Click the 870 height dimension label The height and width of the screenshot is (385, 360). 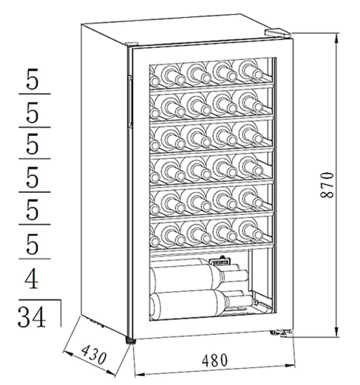pos(327,185)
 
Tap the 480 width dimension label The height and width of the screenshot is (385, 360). pos(214,361)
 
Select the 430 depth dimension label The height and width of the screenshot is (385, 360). pos(94,355)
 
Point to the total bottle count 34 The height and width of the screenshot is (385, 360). pos(32,317)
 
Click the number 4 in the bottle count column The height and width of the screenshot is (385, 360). pos(32,279)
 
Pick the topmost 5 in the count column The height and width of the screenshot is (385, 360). pos(33,79)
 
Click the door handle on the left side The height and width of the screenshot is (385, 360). pos(130,101)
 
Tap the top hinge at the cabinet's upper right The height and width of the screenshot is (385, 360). pos(278,33)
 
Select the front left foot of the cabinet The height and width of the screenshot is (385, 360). pos(131,341)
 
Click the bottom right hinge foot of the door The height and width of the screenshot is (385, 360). pos(282,333)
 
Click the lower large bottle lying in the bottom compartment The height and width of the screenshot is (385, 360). pos(201,304)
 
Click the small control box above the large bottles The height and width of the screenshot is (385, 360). pos(220,260)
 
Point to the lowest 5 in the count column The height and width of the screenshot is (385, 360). pos(33,244)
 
